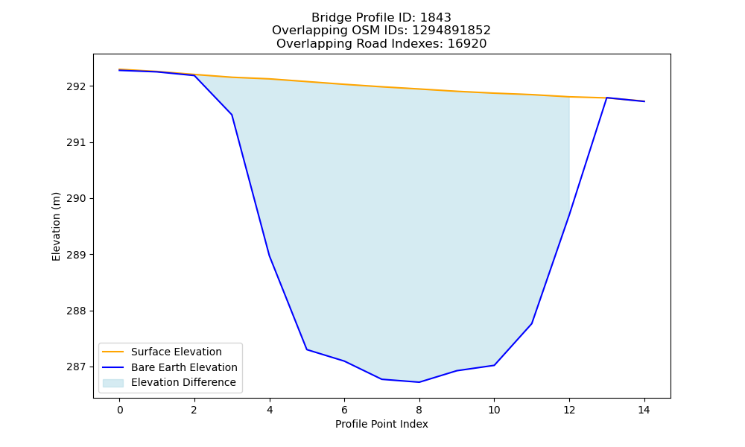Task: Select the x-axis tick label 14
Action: click(644, 410)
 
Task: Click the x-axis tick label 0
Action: click(120, 410)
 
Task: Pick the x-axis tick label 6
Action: click(344, 410)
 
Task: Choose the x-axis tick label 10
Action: click(494, 410)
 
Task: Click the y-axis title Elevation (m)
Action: click(56, 226)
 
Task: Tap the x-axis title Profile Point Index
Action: click(381, 424)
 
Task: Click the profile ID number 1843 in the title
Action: click(436, 18)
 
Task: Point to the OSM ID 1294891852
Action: click(451, 31)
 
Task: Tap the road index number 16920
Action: click(467, 44)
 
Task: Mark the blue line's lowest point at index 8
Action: click(419, 382)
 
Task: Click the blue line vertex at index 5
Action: click(307, 349)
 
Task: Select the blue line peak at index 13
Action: click(606, 98)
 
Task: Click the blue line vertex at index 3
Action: click(232, 115)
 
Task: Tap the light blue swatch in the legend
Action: click(113, 383)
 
